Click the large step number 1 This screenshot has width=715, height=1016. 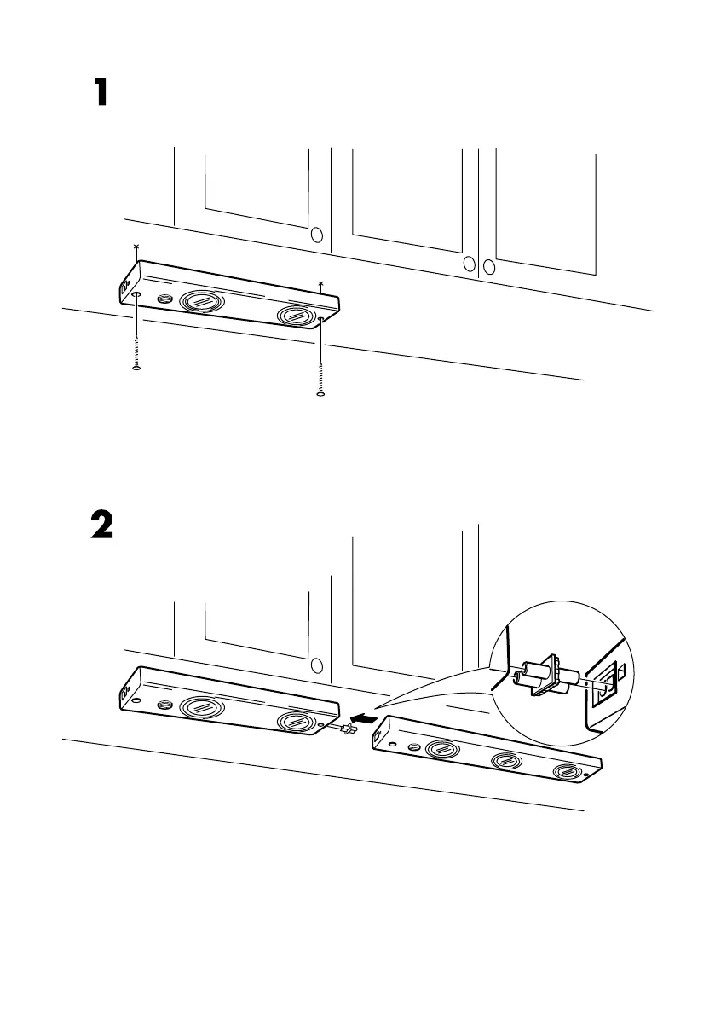click(x=101, y=93)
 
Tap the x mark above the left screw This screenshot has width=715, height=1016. click(x=136, y=247)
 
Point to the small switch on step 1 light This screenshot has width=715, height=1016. click(x=165, y=299)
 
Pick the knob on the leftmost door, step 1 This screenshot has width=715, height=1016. click(x=317, y=235)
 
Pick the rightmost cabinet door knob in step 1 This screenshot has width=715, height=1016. click(x=488, y=265)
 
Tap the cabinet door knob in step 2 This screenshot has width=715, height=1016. click(x=317, y=665)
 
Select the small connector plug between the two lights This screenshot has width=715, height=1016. click(x=347, y=730)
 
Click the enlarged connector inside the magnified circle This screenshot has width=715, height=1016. click(x=541, y=679)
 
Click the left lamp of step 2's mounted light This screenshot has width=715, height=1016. click(x=203, y=707)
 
